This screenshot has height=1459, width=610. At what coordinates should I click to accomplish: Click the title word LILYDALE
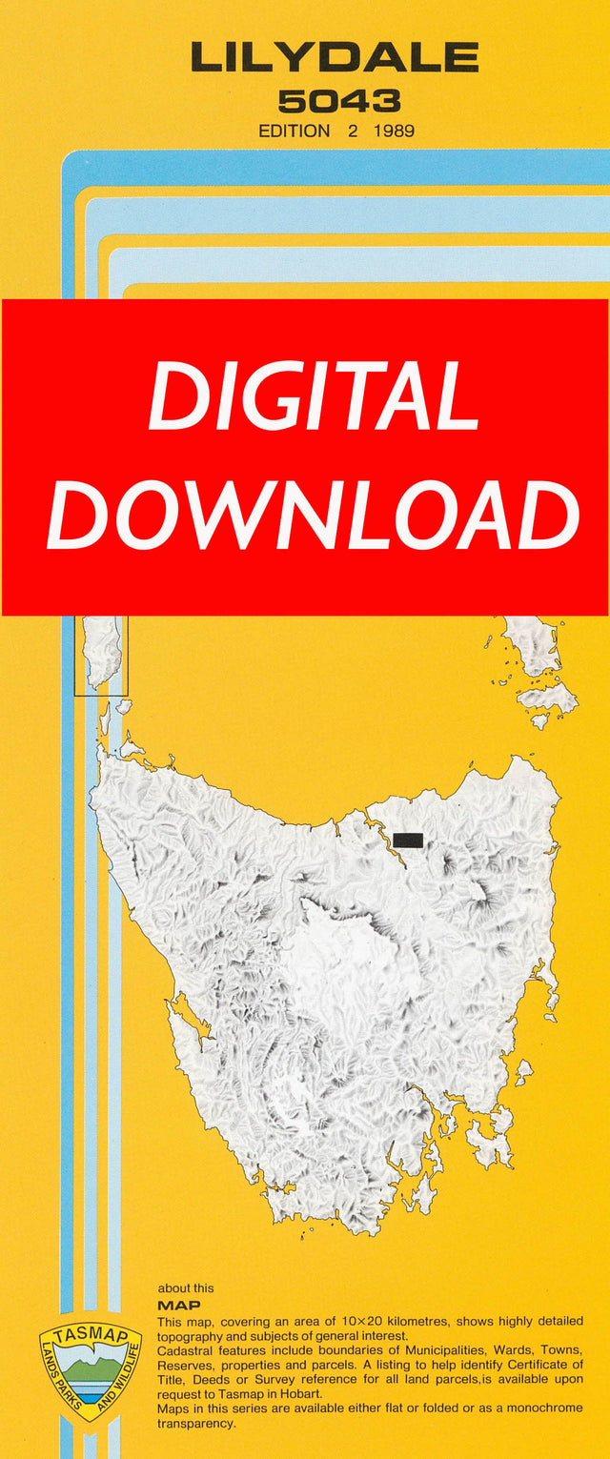(x=335, y=59)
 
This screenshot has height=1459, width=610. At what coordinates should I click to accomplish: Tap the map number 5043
(x=338, y=101)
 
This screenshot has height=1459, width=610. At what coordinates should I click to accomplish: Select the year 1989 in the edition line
(x=395, y=132)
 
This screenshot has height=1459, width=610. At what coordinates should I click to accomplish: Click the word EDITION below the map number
(x=296, y=132)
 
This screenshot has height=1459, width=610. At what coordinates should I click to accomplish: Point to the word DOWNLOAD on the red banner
(x=314, y=515)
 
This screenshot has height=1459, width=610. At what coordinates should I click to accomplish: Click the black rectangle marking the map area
(x=408, y=840)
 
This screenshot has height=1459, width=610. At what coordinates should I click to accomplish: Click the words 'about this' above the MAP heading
(x=186, y=1288)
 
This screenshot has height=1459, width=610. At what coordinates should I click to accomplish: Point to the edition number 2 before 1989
(x=352, y=132)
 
